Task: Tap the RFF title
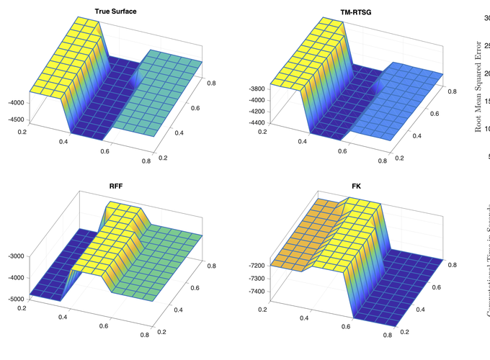click(115, 186)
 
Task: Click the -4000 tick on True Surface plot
click(14, 103)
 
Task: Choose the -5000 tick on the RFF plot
click(14, 298)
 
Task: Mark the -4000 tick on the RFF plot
click(14, 277)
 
